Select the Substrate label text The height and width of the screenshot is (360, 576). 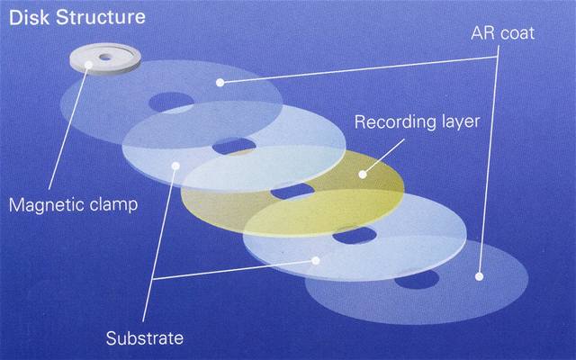[144, 339]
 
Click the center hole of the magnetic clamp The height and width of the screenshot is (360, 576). [106, 57]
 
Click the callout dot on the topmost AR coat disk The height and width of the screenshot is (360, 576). [220, 82]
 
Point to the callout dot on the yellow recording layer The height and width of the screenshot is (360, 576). [364, 171]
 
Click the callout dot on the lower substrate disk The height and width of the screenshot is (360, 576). [314, 261]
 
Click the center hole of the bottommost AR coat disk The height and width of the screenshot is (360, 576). [416, 280]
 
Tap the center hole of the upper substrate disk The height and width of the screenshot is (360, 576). [234, 144]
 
